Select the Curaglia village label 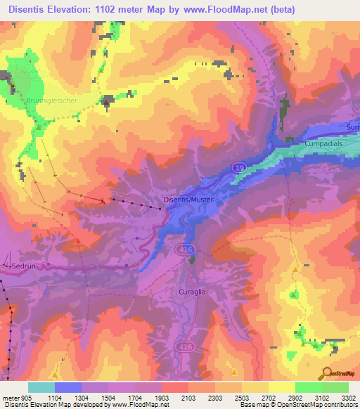[x=191, y=290]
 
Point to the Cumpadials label [x=323, y=143]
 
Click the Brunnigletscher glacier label [x=49, y=100]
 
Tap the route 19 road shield [x=239, y=167]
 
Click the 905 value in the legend [x=26, y=397]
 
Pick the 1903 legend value [x=162, y=397]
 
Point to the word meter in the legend [x=11, y=397]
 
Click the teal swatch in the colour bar [x=41, y=387]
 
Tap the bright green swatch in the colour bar [x=308, y=387]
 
